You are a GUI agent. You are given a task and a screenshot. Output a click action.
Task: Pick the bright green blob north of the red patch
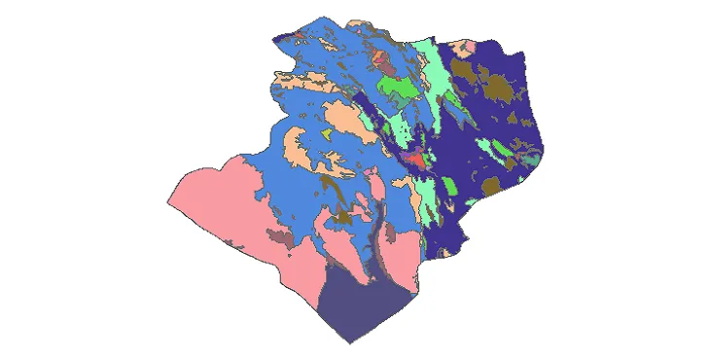coord(399,92)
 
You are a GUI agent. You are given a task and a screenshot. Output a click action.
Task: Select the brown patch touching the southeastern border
coord(492,186)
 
